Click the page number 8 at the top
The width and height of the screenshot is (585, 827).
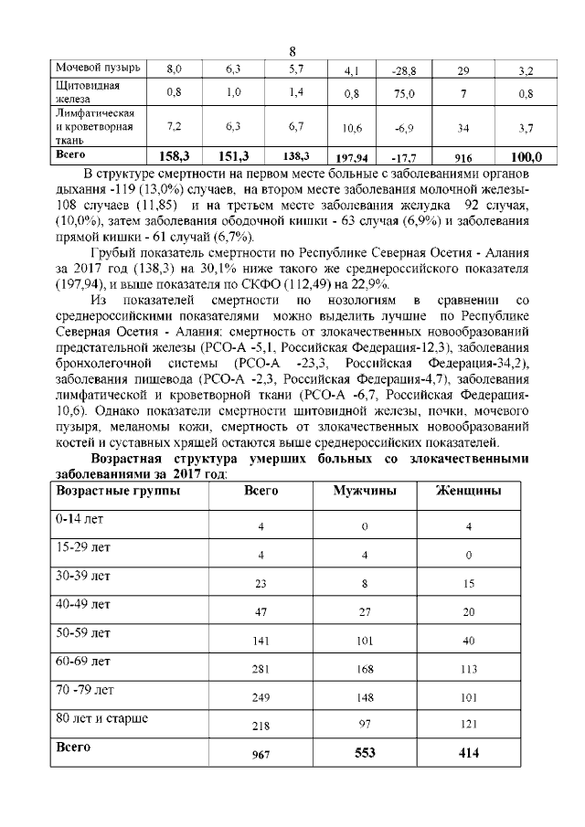[x=292, y=51]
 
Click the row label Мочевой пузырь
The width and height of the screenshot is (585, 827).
[x=98, y=69]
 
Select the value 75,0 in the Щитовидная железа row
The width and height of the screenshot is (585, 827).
[x=399, y=93]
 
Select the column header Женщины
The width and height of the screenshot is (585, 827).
[x=469, y=491]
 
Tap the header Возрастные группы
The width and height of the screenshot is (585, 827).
[x=119, y=491]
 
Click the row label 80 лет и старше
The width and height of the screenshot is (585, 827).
[x=102, y=718]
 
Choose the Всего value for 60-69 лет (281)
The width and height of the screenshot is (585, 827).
[x=261, y=669]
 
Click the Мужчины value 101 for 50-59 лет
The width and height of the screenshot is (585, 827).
[x=365, y=641]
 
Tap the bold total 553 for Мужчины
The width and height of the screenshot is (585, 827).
[x=365, y=752]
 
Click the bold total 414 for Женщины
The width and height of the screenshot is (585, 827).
[x=469, y=752]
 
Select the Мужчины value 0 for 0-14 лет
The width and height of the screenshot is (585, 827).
[x=365, y=527]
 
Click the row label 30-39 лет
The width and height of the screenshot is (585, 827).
[x=83, y=577]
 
